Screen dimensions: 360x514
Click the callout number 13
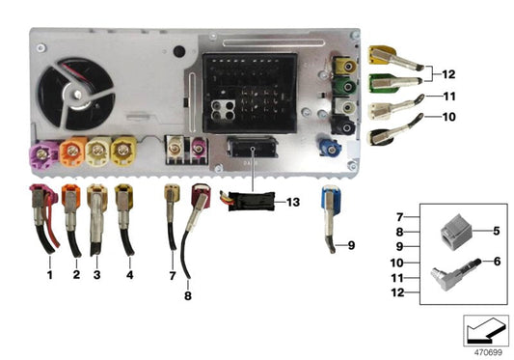pyautogui.click(x=294, y=204)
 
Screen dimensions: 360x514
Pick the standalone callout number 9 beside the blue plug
pyautogui.click(x=351, y=245)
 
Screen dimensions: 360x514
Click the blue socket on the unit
pyautogui.click(x=330, y=150)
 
